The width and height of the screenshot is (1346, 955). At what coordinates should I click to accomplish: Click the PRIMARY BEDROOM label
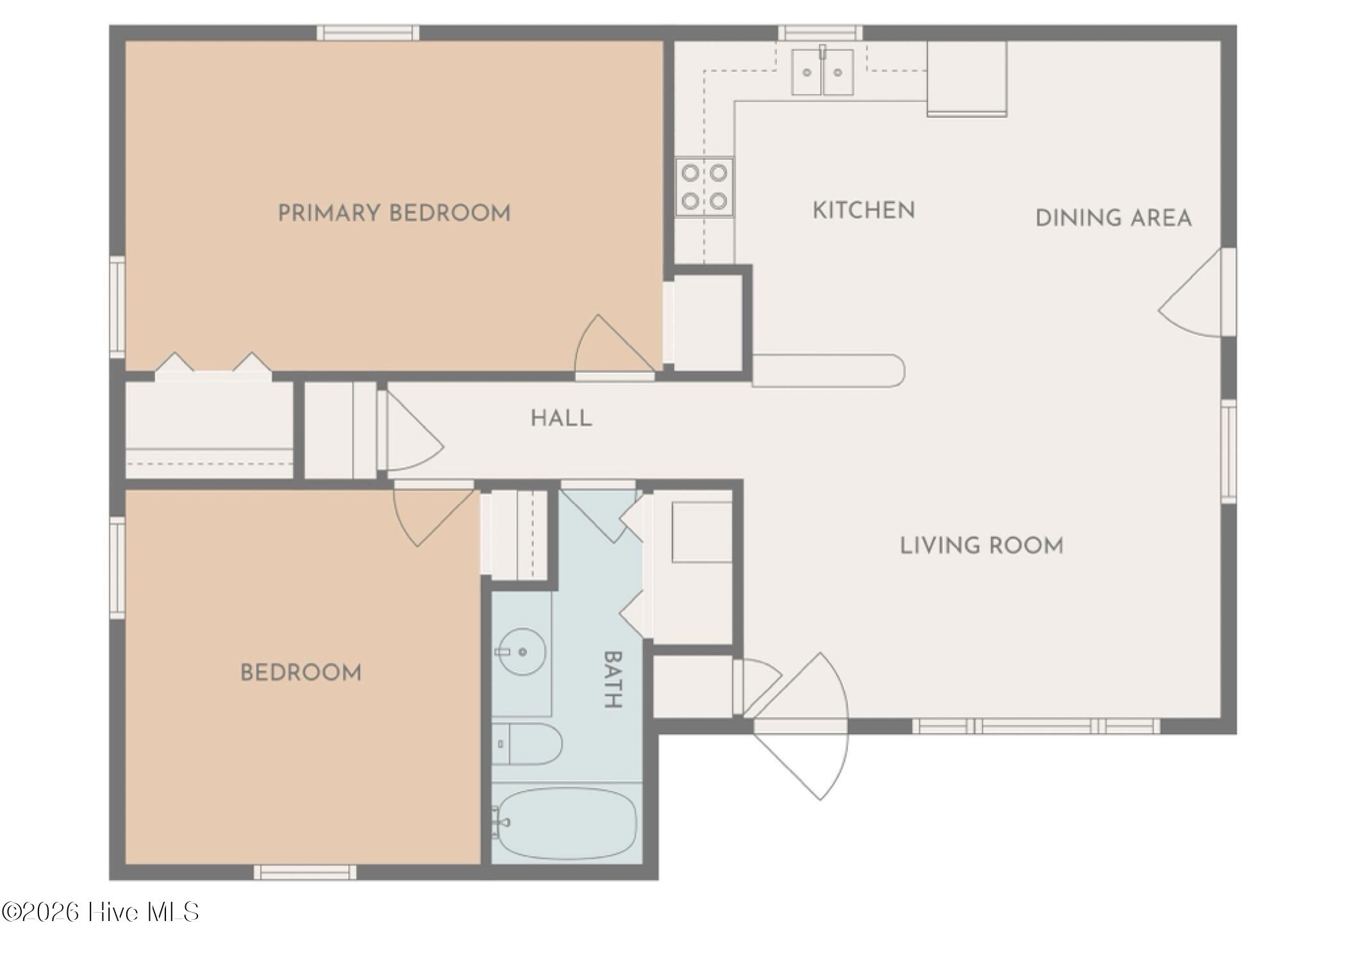pos(394,213)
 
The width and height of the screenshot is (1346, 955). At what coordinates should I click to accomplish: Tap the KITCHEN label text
pos(863,210)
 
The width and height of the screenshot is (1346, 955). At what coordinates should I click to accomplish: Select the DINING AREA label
pos(1113,218)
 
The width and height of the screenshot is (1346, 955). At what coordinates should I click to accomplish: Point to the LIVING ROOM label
pos(981,545)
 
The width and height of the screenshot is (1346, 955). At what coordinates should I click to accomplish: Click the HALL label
pos(561,419)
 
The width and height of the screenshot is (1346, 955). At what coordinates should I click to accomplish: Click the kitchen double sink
pos(822,72)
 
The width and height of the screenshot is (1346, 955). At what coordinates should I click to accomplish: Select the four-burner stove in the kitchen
pos(704,187)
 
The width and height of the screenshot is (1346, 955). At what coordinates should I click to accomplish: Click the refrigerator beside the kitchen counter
pos(966,78)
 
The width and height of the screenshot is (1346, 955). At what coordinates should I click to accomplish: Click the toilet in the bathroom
pos(527,743)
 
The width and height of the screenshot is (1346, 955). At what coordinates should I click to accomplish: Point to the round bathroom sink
pos(522,652)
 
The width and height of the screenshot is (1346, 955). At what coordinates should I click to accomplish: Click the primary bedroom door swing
pos(612,346)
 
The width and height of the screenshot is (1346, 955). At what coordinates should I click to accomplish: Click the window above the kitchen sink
pos(820,33)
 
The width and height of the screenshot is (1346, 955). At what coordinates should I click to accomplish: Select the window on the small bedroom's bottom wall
pos(304,872)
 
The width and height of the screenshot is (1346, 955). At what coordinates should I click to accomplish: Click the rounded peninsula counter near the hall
pos(827,371)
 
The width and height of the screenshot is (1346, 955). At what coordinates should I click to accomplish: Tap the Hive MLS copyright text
pos(101,911)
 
